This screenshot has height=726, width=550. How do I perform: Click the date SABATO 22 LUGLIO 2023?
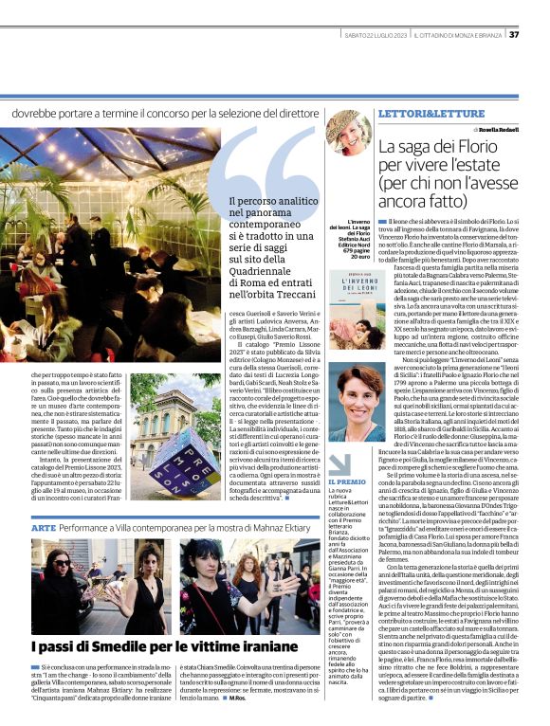pos(374,35)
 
